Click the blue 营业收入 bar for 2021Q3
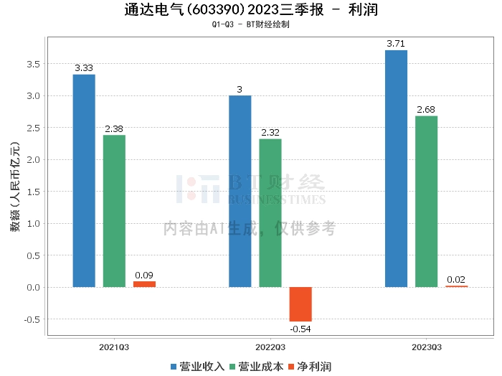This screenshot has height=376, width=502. coord(84,181)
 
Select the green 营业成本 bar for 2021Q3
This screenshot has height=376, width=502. coord(114,211)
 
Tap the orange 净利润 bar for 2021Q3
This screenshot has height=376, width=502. coord(144,284)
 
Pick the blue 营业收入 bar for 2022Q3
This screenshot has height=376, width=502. coord(240,191)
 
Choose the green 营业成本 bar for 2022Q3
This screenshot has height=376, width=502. coord(270,213)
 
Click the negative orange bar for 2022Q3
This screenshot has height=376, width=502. coord(300,304)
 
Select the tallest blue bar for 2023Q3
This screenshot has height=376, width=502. coord(396,169)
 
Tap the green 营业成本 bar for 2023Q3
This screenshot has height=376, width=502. coord(426,202)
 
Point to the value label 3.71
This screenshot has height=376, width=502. coord(396,44)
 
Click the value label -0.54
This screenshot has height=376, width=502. coord(300,328)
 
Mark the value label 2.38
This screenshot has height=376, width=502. coord(114,129)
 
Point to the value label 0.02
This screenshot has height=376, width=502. coord(456,280)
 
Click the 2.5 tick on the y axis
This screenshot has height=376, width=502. coord(34,128)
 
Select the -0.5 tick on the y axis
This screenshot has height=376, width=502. coord(32,319)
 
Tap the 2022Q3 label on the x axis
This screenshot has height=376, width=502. coord(270,347)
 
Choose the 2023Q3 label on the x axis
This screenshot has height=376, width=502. coord(426,347)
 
